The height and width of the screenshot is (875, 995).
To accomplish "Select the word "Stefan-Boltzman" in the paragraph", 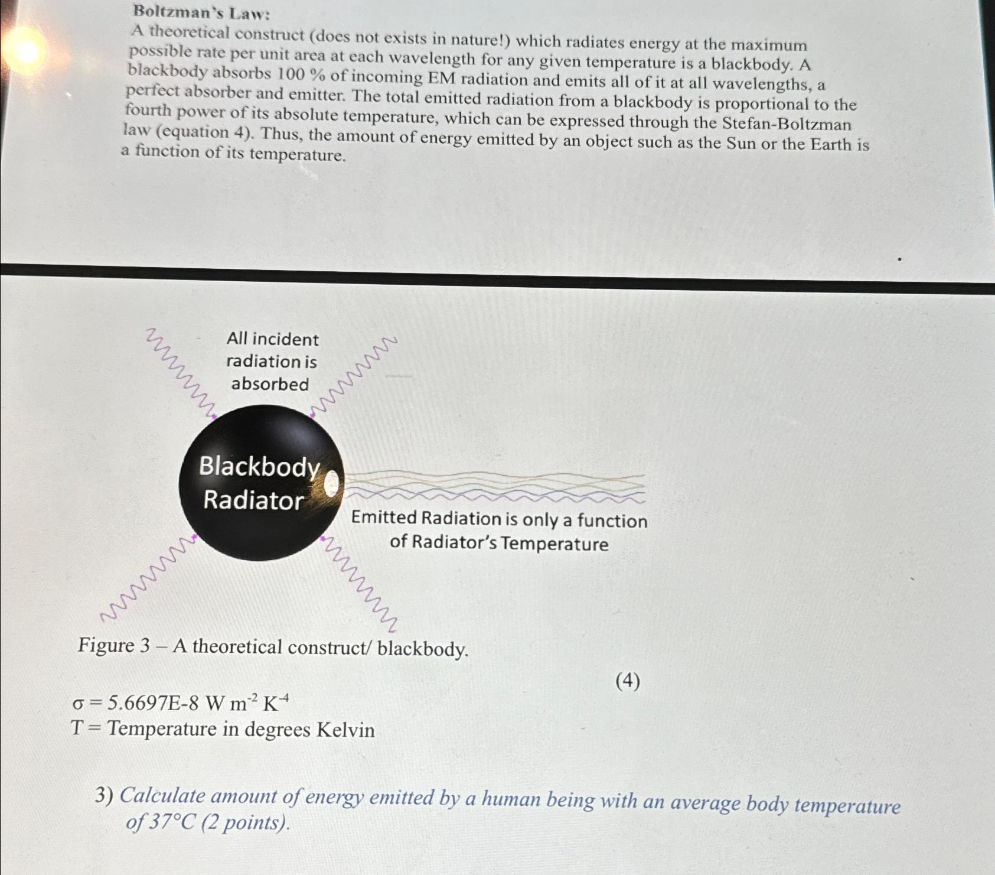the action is click(787, 124).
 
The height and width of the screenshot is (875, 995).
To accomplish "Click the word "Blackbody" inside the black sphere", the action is click(259, 467).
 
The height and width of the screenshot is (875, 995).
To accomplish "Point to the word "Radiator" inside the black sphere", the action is click(253, 500).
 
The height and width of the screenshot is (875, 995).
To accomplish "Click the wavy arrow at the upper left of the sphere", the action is click(180, 372).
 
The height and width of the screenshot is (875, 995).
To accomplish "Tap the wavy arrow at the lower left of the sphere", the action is click(148, 579).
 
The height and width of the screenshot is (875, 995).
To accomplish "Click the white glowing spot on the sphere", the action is click(332, 484).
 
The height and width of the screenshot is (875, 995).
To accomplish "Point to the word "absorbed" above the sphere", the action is click(270, 384).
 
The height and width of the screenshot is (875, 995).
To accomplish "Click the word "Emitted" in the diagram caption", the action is click(384, 518).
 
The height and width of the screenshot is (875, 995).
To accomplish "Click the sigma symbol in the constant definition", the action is click(77, 704).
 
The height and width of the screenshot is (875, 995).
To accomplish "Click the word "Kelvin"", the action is click(345, 730).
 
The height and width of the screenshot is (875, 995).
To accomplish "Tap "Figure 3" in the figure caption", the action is click(113, 646).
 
